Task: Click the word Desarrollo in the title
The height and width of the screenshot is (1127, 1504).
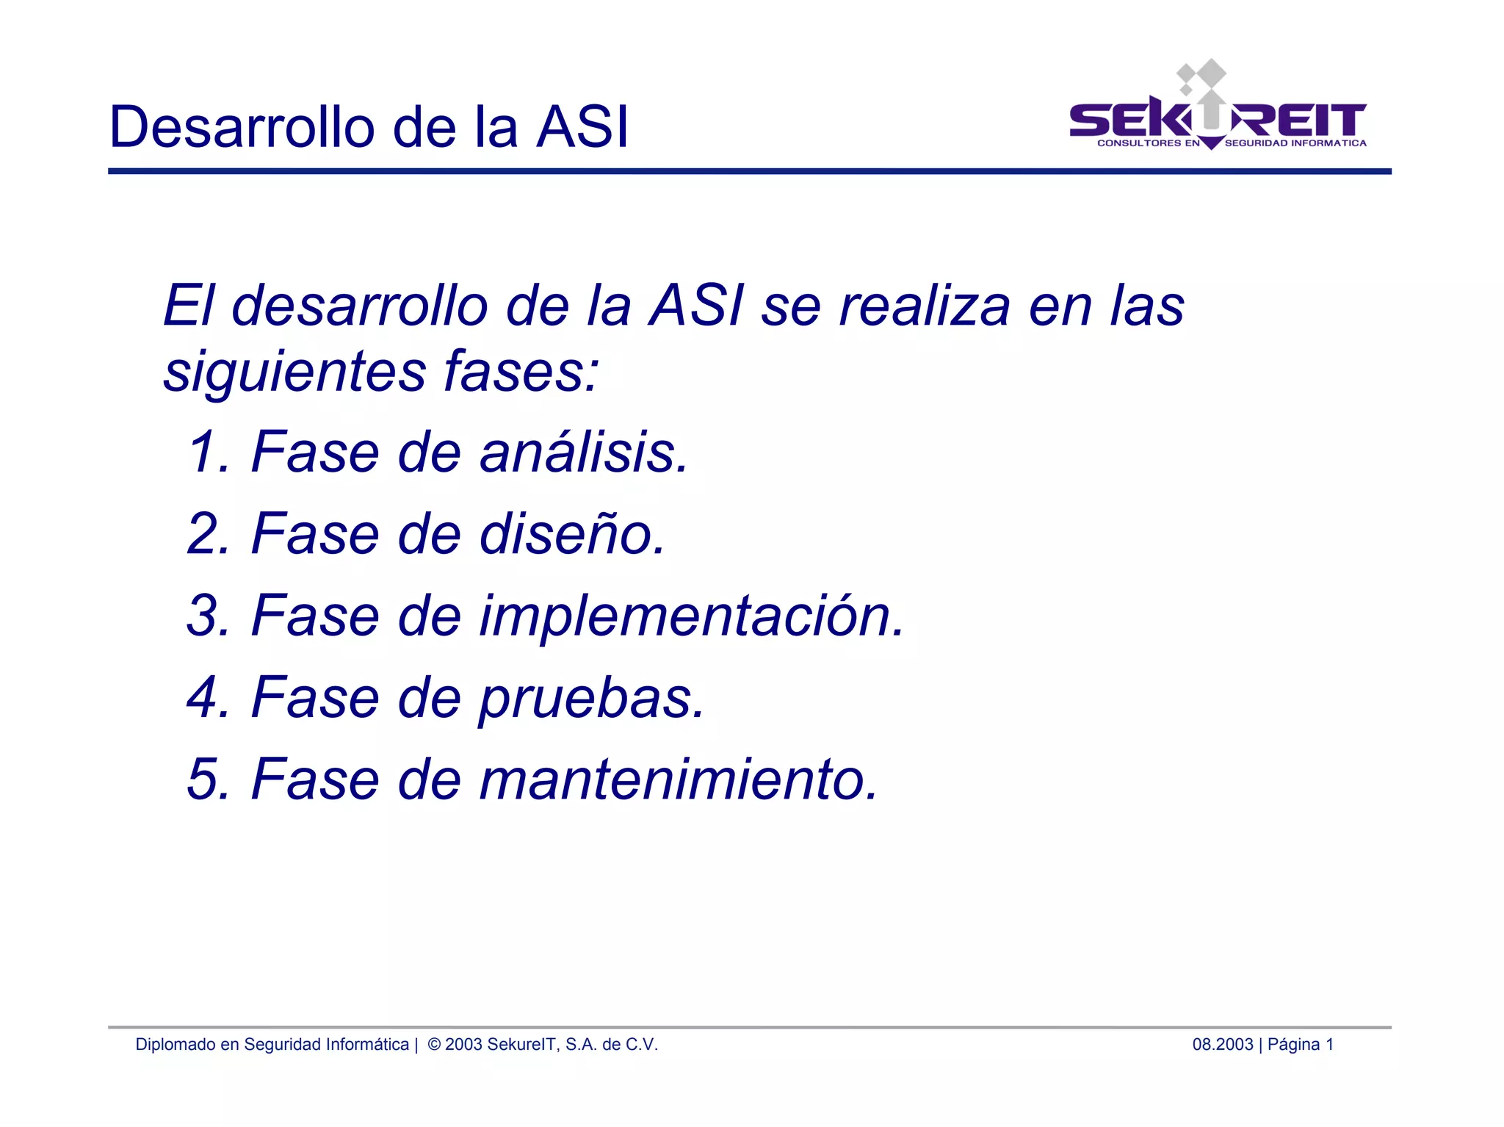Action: (x=242, y=127)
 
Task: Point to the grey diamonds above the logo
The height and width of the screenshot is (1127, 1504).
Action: (x=1201, y=76)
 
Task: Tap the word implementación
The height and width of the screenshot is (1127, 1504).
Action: (x=692, y=616)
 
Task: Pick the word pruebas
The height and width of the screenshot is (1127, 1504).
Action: (x=592, y=698)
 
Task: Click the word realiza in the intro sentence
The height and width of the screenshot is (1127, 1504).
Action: (x=925, y=305)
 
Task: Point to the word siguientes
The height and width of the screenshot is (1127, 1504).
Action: (x=294, y=371)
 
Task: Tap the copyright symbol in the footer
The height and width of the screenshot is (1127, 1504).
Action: (x=434, y=1044)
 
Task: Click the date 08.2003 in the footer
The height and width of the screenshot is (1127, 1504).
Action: (x=1222, y=1044)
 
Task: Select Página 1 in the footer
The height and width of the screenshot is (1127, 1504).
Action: (x=1300, y=1044)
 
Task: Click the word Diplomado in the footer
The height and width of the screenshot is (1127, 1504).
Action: (x=175, y=1044)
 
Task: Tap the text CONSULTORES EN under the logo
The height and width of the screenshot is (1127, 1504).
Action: (x=1148, y=143)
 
